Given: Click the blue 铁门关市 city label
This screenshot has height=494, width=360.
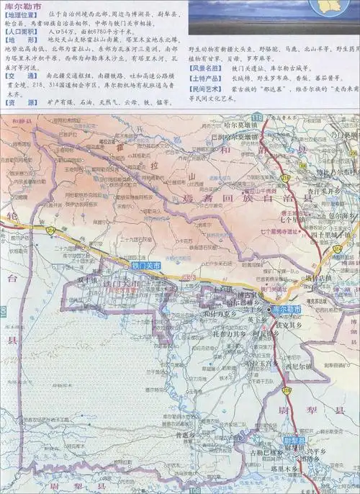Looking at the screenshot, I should pos(147,266).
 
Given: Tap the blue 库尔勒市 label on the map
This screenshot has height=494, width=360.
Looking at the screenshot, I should pos(287,309).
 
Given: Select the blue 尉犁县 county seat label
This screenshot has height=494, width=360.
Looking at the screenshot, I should pos(293,439).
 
